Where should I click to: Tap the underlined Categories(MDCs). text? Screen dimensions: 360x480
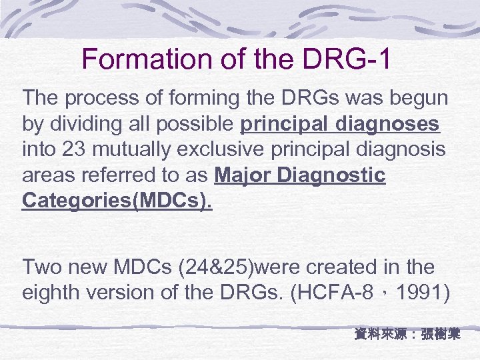(x=117, y=201)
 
